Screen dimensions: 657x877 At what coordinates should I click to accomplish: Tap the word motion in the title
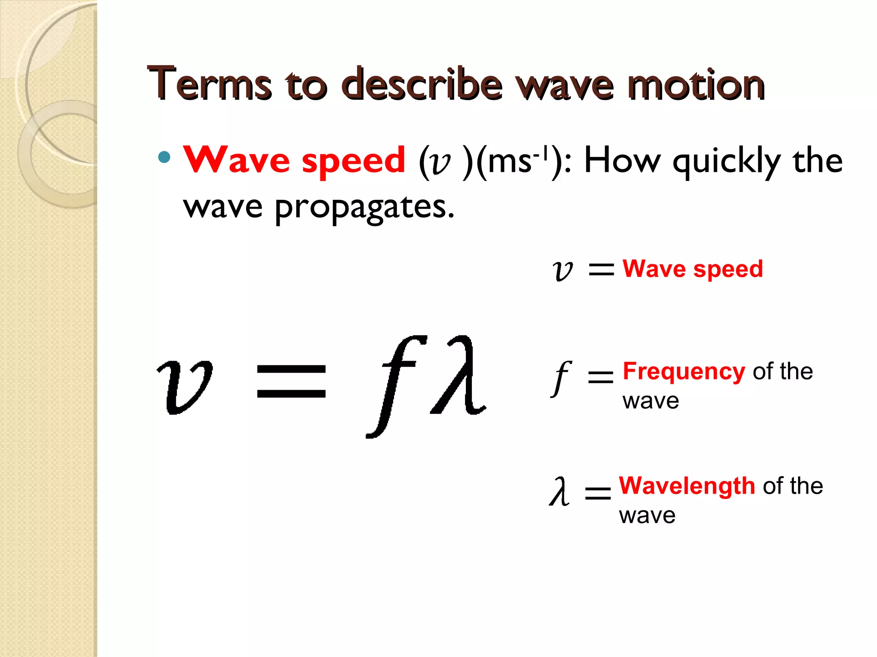click(696, 85)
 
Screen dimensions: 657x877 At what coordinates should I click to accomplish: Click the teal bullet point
click(164, 157)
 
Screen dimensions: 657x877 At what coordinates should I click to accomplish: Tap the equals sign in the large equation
click(291, 381)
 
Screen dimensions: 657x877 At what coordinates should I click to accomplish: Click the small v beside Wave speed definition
click(562, 270)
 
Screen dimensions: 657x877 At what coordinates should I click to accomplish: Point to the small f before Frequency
click(561, 378)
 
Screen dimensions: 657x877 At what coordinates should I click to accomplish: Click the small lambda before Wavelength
click(560, 492)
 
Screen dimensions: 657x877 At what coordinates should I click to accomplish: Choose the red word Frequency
click(684, 371)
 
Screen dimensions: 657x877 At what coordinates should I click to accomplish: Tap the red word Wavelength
click(687, 486)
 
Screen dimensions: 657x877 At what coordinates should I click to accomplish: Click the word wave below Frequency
click(650, 401)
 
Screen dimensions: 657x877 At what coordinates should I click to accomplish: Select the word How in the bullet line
click(622, 161)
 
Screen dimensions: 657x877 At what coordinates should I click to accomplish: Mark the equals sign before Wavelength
click(598, 493)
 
